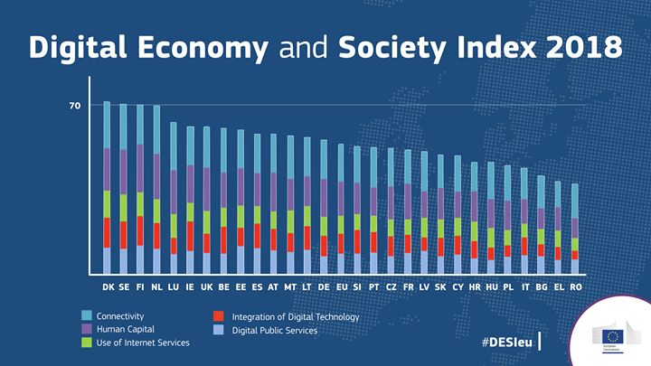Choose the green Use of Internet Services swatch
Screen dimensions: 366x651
(x=87, y=343)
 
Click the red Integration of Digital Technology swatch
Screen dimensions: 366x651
(x=219, y=317)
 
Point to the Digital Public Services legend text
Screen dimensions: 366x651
(x=274, y=331)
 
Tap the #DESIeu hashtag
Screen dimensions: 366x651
(x=506, y=343)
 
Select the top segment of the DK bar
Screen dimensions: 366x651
(x=107, y=125)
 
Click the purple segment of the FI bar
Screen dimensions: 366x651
(x=140, y=167)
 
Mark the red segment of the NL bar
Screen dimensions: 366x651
(x=156, y=235)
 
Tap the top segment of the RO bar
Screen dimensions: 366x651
(x=575, y=201)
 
